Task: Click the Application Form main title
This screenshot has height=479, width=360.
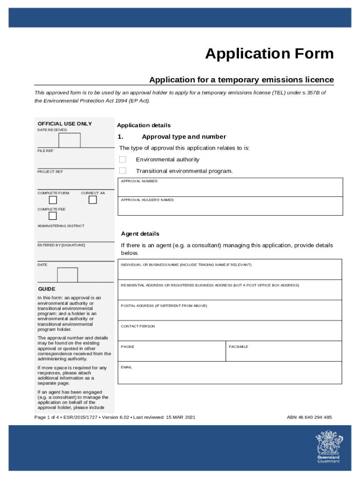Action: point(269,54)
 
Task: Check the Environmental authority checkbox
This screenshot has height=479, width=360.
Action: point(122,160)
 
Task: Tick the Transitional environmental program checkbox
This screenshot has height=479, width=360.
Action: point(122,171)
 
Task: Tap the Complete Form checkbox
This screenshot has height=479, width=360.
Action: point(53,200)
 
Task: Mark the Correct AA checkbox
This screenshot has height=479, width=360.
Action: point(93,200)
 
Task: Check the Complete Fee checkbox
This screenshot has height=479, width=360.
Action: point(53,216)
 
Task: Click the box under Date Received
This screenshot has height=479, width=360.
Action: point(69,140)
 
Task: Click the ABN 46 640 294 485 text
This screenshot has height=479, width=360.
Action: point(309,417)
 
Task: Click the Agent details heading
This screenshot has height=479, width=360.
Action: point(140,234)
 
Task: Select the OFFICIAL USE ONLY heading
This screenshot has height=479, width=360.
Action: point(65,124)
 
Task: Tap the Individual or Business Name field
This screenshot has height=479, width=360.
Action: point(230,270)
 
